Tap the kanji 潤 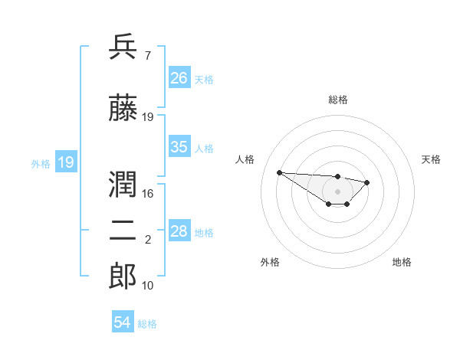coord(123,184)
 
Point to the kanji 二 coord(123,231)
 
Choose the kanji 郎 coord(123,277)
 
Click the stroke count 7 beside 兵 coord(147,55)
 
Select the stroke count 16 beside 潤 coord(148,193)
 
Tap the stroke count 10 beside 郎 coord(148,285)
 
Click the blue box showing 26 coord(179,78)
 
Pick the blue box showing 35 coord(179,147)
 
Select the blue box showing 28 coord(179,231)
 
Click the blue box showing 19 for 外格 coord(66,162)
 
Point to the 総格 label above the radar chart coord(338,100)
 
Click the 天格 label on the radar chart coord(431,159)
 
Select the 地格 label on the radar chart coord(402,262)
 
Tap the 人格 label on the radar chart coord(245,159)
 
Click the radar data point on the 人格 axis coord(279,172)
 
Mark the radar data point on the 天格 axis coord(367,182)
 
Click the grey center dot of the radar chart coord(337,191)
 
